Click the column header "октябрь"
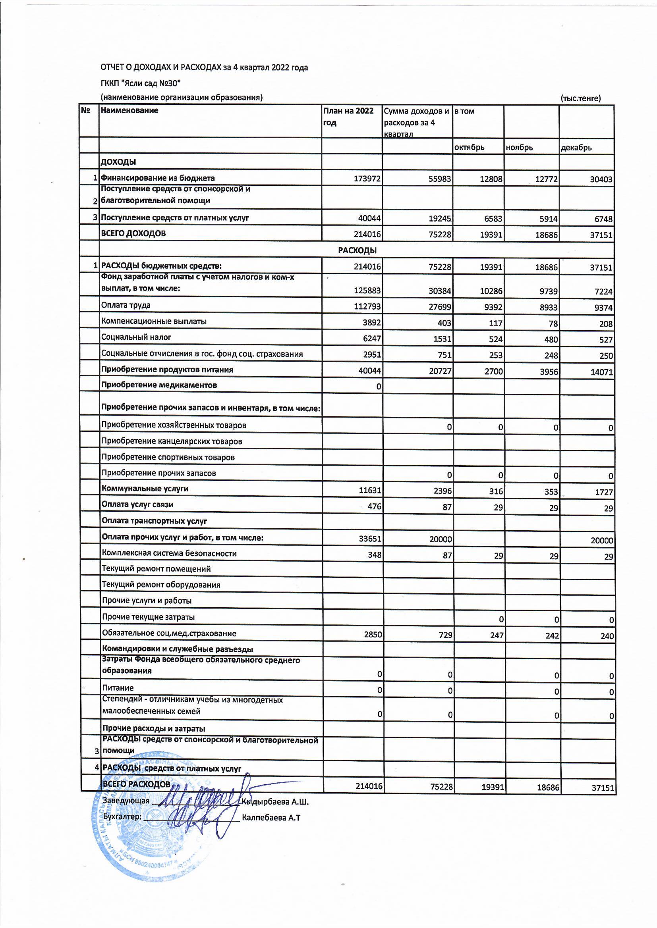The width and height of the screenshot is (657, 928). (x=469, y=147)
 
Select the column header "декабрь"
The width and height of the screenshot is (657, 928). (x=576, y=148)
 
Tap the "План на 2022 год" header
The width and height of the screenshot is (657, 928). (x=348, y=116)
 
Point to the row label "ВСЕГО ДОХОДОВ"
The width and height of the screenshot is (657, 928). (x=133, y=233)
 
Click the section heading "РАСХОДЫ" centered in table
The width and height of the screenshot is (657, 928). (x=357, y=250)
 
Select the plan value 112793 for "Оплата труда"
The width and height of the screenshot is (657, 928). (x=367, y=307)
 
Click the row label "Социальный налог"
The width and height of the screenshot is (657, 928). (x=136, y=337)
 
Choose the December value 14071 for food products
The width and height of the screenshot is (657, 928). (x=601, y=372)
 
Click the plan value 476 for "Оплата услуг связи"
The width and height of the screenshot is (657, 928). (x=374, y=506)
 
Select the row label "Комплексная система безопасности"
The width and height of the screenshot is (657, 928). (x=169, y=553)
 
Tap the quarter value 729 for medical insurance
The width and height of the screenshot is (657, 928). (x=445, y=635)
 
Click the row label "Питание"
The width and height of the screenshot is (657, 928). (x=118, y=688)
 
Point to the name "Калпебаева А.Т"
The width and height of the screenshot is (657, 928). (x=271, y=818)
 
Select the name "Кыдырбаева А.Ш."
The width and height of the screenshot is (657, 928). (x=275, y=801)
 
